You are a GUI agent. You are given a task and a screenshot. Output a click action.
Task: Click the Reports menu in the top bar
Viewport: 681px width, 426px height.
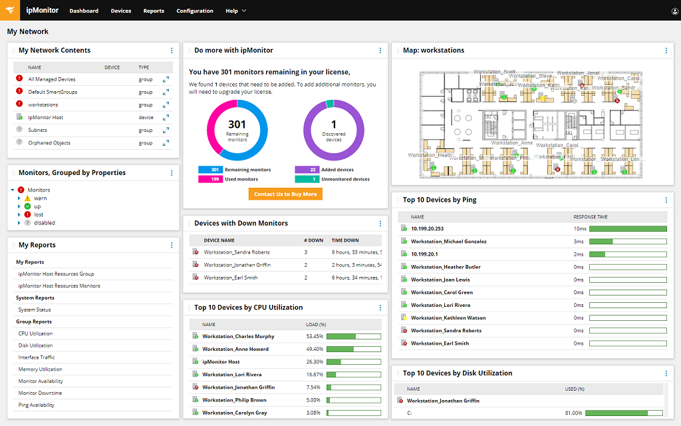click(x=154, y=11)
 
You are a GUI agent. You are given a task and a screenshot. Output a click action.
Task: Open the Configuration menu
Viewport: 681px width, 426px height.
click(x=195, y=11)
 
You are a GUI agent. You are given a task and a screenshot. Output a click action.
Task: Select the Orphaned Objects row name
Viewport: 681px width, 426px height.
click(x=49, y=142)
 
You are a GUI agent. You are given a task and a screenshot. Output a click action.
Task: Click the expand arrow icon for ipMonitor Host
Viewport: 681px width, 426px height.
click(x=166, y=117)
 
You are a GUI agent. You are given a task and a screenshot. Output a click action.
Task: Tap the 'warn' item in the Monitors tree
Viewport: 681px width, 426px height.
click(x=41, y=198)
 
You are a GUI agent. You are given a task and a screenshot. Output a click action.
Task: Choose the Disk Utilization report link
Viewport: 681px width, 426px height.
click(x=35, y=345)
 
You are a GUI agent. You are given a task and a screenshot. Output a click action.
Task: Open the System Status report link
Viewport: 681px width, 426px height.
click(x=35, y=310)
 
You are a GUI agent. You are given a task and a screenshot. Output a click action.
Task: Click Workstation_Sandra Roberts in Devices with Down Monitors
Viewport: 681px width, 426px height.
click(x=237, y=252)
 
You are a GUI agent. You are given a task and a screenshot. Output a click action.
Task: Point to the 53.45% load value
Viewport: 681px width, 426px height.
click(x=314, y=336)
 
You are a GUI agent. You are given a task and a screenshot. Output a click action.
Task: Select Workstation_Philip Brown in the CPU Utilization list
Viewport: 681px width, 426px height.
click(x=234, y=400)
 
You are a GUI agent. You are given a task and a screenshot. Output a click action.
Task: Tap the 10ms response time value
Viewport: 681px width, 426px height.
click(x=580, y=228)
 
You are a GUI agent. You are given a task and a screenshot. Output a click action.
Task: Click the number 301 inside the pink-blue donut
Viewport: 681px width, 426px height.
click(x=237, y=124)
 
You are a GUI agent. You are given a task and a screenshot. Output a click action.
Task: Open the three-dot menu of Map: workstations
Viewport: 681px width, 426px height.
click(x=666, y=51)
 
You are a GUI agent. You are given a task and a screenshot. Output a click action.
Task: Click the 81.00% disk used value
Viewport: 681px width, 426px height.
click(x=573, y=413)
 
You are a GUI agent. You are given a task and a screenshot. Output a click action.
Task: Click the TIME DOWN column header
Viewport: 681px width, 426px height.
click(x=345, y=240)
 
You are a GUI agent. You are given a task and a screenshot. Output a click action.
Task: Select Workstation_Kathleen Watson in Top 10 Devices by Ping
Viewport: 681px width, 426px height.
click(x=448, y=318)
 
